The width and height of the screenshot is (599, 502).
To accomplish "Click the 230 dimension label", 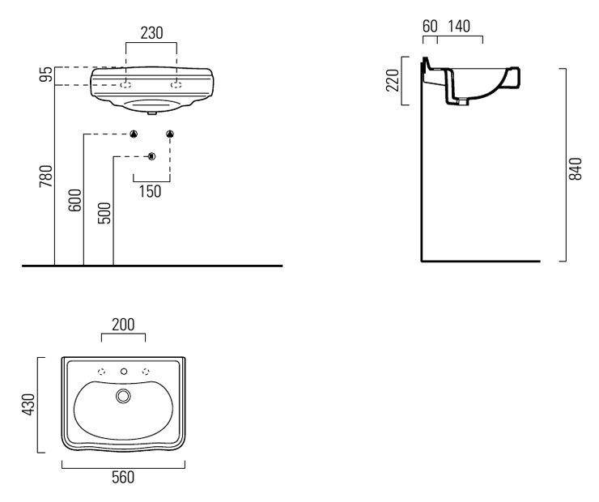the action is [x=151, y=33].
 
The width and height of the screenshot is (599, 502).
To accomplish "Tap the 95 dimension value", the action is [x=47, y=74].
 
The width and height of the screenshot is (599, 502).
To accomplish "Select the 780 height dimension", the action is [x=46, y=177].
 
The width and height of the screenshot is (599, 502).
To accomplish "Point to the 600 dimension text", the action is [x=74, y=200].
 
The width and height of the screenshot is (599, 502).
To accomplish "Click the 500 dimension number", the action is [x=104, y=213].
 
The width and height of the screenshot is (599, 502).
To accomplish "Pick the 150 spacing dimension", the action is [x=150, y=191].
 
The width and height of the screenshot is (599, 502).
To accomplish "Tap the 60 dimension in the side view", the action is [x=430, y=27].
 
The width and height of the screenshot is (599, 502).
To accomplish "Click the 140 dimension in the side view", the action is [x=459, y=27].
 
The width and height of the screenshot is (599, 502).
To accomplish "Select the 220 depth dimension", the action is [x=393, y=80].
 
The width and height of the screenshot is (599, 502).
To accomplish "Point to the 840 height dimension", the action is [x=575, y=168].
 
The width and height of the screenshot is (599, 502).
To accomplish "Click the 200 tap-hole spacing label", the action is [x=123, y=325].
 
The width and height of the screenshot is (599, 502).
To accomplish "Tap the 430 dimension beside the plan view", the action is [x=28, y=405].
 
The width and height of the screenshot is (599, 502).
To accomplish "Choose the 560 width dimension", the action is [x=123, y=478].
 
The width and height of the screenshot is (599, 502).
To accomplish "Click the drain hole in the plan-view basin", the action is [x=123, y=396].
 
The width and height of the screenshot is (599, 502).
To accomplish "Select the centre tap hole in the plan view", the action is [x=124, y=372].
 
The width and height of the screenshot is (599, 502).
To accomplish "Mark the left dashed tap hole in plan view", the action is [x=102, y=372].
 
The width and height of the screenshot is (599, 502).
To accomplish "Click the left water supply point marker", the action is [x=134, y=134].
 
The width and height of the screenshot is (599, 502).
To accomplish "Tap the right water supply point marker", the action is [x=170, y=134].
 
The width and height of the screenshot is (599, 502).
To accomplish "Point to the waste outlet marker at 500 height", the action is [x=151, y=156].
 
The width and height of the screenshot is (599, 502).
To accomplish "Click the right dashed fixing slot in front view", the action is [x=176, y=85].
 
